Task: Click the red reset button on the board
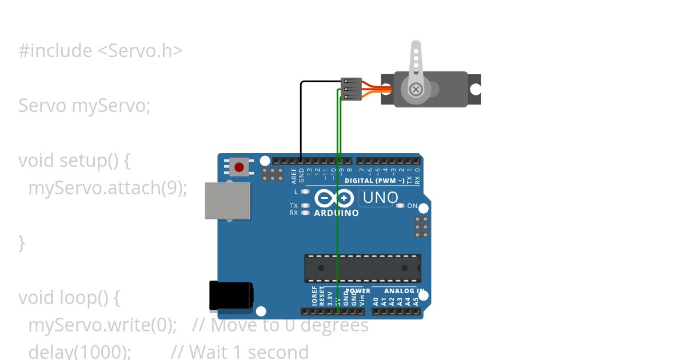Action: [x=239, y=167]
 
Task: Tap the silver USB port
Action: [x=228, y=201]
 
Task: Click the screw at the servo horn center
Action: [x=416, y=89]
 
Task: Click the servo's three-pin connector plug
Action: [x=351, y=89]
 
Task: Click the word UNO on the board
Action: [x=380, y=198]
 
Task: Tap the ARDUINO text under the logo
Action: [x=337, y=213]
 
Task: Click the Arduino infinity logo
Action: [x=334, y=198]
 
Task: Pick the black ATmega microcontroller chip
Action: [x=362, y=268]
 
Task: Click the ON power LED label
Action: [x=412, y=206]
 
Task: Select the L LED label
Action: [x=296, y=191]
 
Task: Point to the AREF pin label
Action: [x=294, y=174]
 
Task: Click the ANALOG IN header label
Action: [x=404, y=291]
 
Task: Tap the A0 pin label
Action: [x=376, y=301]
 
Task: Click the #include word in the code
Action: [x=55, y=50]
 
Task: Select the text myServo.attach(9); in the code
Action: [x=107, y=187]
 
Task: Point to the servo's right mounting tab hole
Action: [x=475, y=89]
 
